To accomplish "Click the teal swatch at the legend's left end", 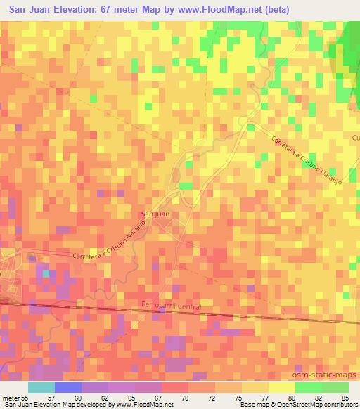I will click(41, 387).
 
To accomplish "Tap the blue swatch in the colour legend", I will click(68, 387).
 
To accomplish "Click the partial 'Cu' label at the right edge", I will click(355, 138).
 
